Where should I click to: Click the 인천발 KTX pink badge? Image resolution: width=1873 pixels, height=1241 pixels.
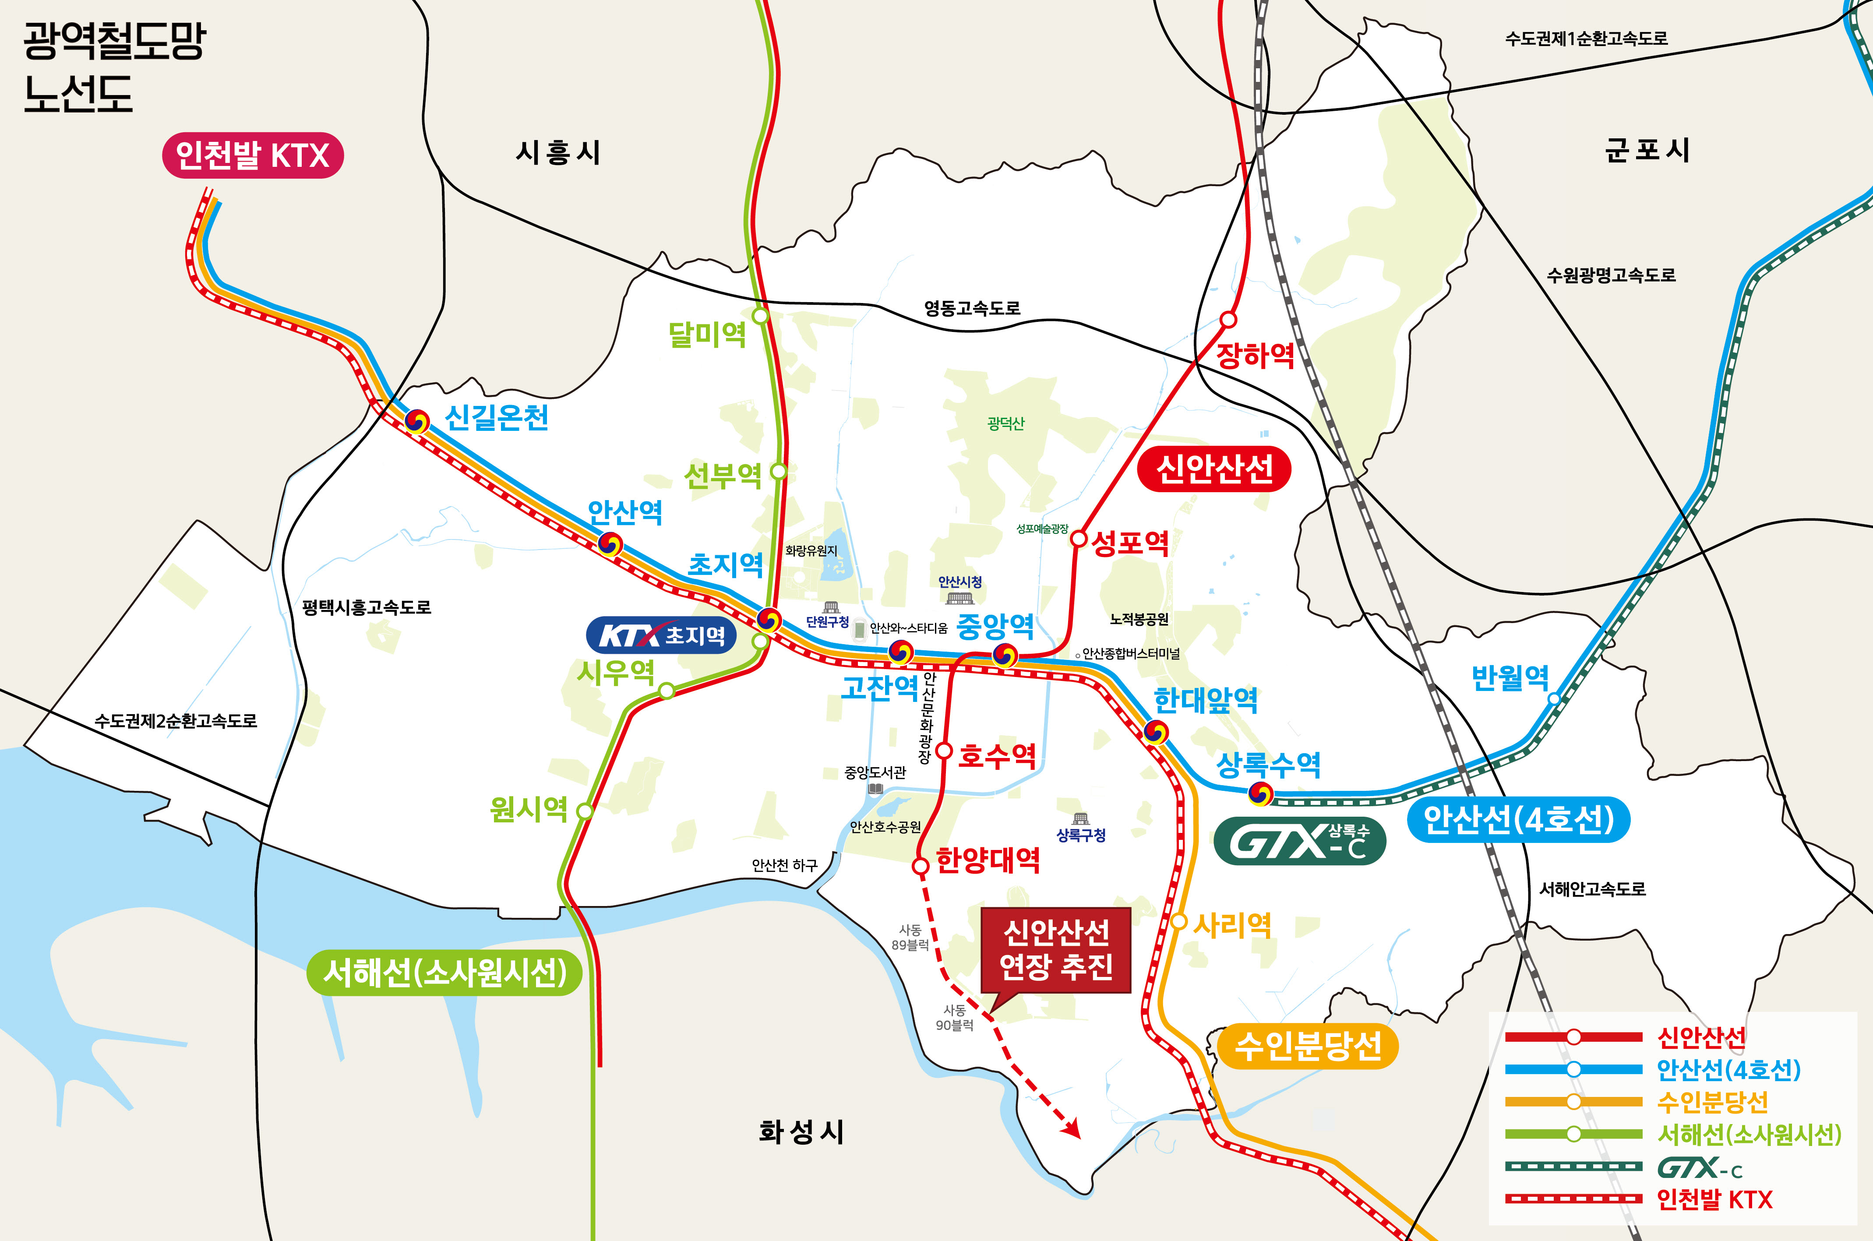coord(252,155)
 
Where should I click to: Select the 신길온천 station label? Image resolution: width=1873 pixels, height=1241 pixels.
coord(496,417)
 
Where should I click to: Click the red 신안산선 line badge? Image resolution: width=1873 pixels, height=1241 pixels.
coord(1214,469)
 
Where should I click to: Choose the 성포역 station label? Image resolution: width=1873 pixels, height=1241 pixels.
coord(1130,543)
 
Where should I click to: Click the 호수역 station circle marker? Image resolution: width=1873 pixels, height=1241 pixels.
coord(943,750)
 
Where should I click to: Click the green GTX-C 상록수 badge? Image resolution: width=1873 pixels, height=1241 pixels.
coord(1299,841)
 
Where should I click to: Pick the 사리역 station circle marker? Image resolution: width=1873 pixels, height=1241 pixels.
coord(1179,921)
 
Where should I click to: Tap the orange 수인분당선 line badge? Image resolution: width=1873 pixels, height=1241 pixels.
coord(1307,1046)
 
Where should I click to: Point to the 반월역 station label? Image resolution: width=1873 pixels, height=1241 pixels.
coord(1510,677)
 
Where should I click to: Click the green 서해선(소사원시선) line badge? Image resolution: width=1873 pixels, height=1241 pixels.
coord(444,972)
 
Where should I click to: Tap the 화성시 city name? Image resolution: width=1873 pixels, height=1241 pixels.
coord(801,1132)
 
